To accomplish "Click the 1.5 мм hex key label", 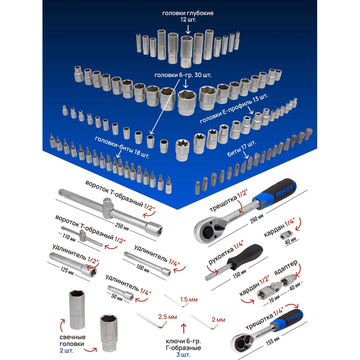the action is tap(189, 300).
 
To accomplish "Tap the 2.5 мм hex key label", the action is tap(167, 317).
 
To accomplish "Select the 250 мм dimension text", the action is tap(122, 226).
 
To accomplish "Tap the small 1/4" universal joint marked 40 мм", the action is tap(286, 235).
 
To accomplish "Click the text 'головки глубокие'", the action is tap(188, 13).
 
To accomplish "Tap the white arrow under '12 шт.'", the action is tap(188, 30).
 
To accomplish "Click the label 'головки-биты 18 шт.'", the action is tap(122, 147).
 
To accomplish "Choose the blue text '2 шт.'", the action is tap(67, 351).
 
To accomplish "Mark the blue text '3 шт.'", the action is tap(183, 355).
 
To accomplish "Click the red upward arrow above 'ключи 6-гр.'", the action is tap(184, 328).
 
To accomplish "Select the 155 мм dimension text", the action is tap(273, 341).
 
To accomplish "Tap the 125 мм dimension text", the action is tap(67, 270).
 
